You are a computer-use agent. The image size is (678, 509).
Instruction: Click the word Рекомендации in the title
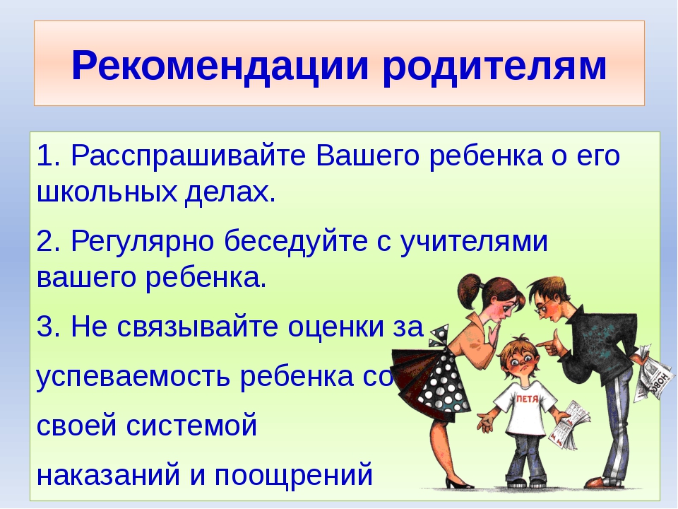pos(220,65)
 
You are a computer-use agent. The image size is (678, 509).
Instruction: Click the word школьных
pos(107,192)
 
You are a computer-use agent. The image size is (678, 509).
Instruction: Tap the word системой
pos(191,426)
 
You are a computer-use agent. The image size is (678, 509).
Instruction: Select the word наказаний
pos(108,475)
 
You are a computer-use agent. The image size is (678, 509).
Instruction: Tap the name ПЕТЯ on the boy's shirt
pos(528,399)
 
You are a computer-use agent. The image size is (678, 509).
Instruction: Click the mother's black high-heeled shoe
pos(459,481)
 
